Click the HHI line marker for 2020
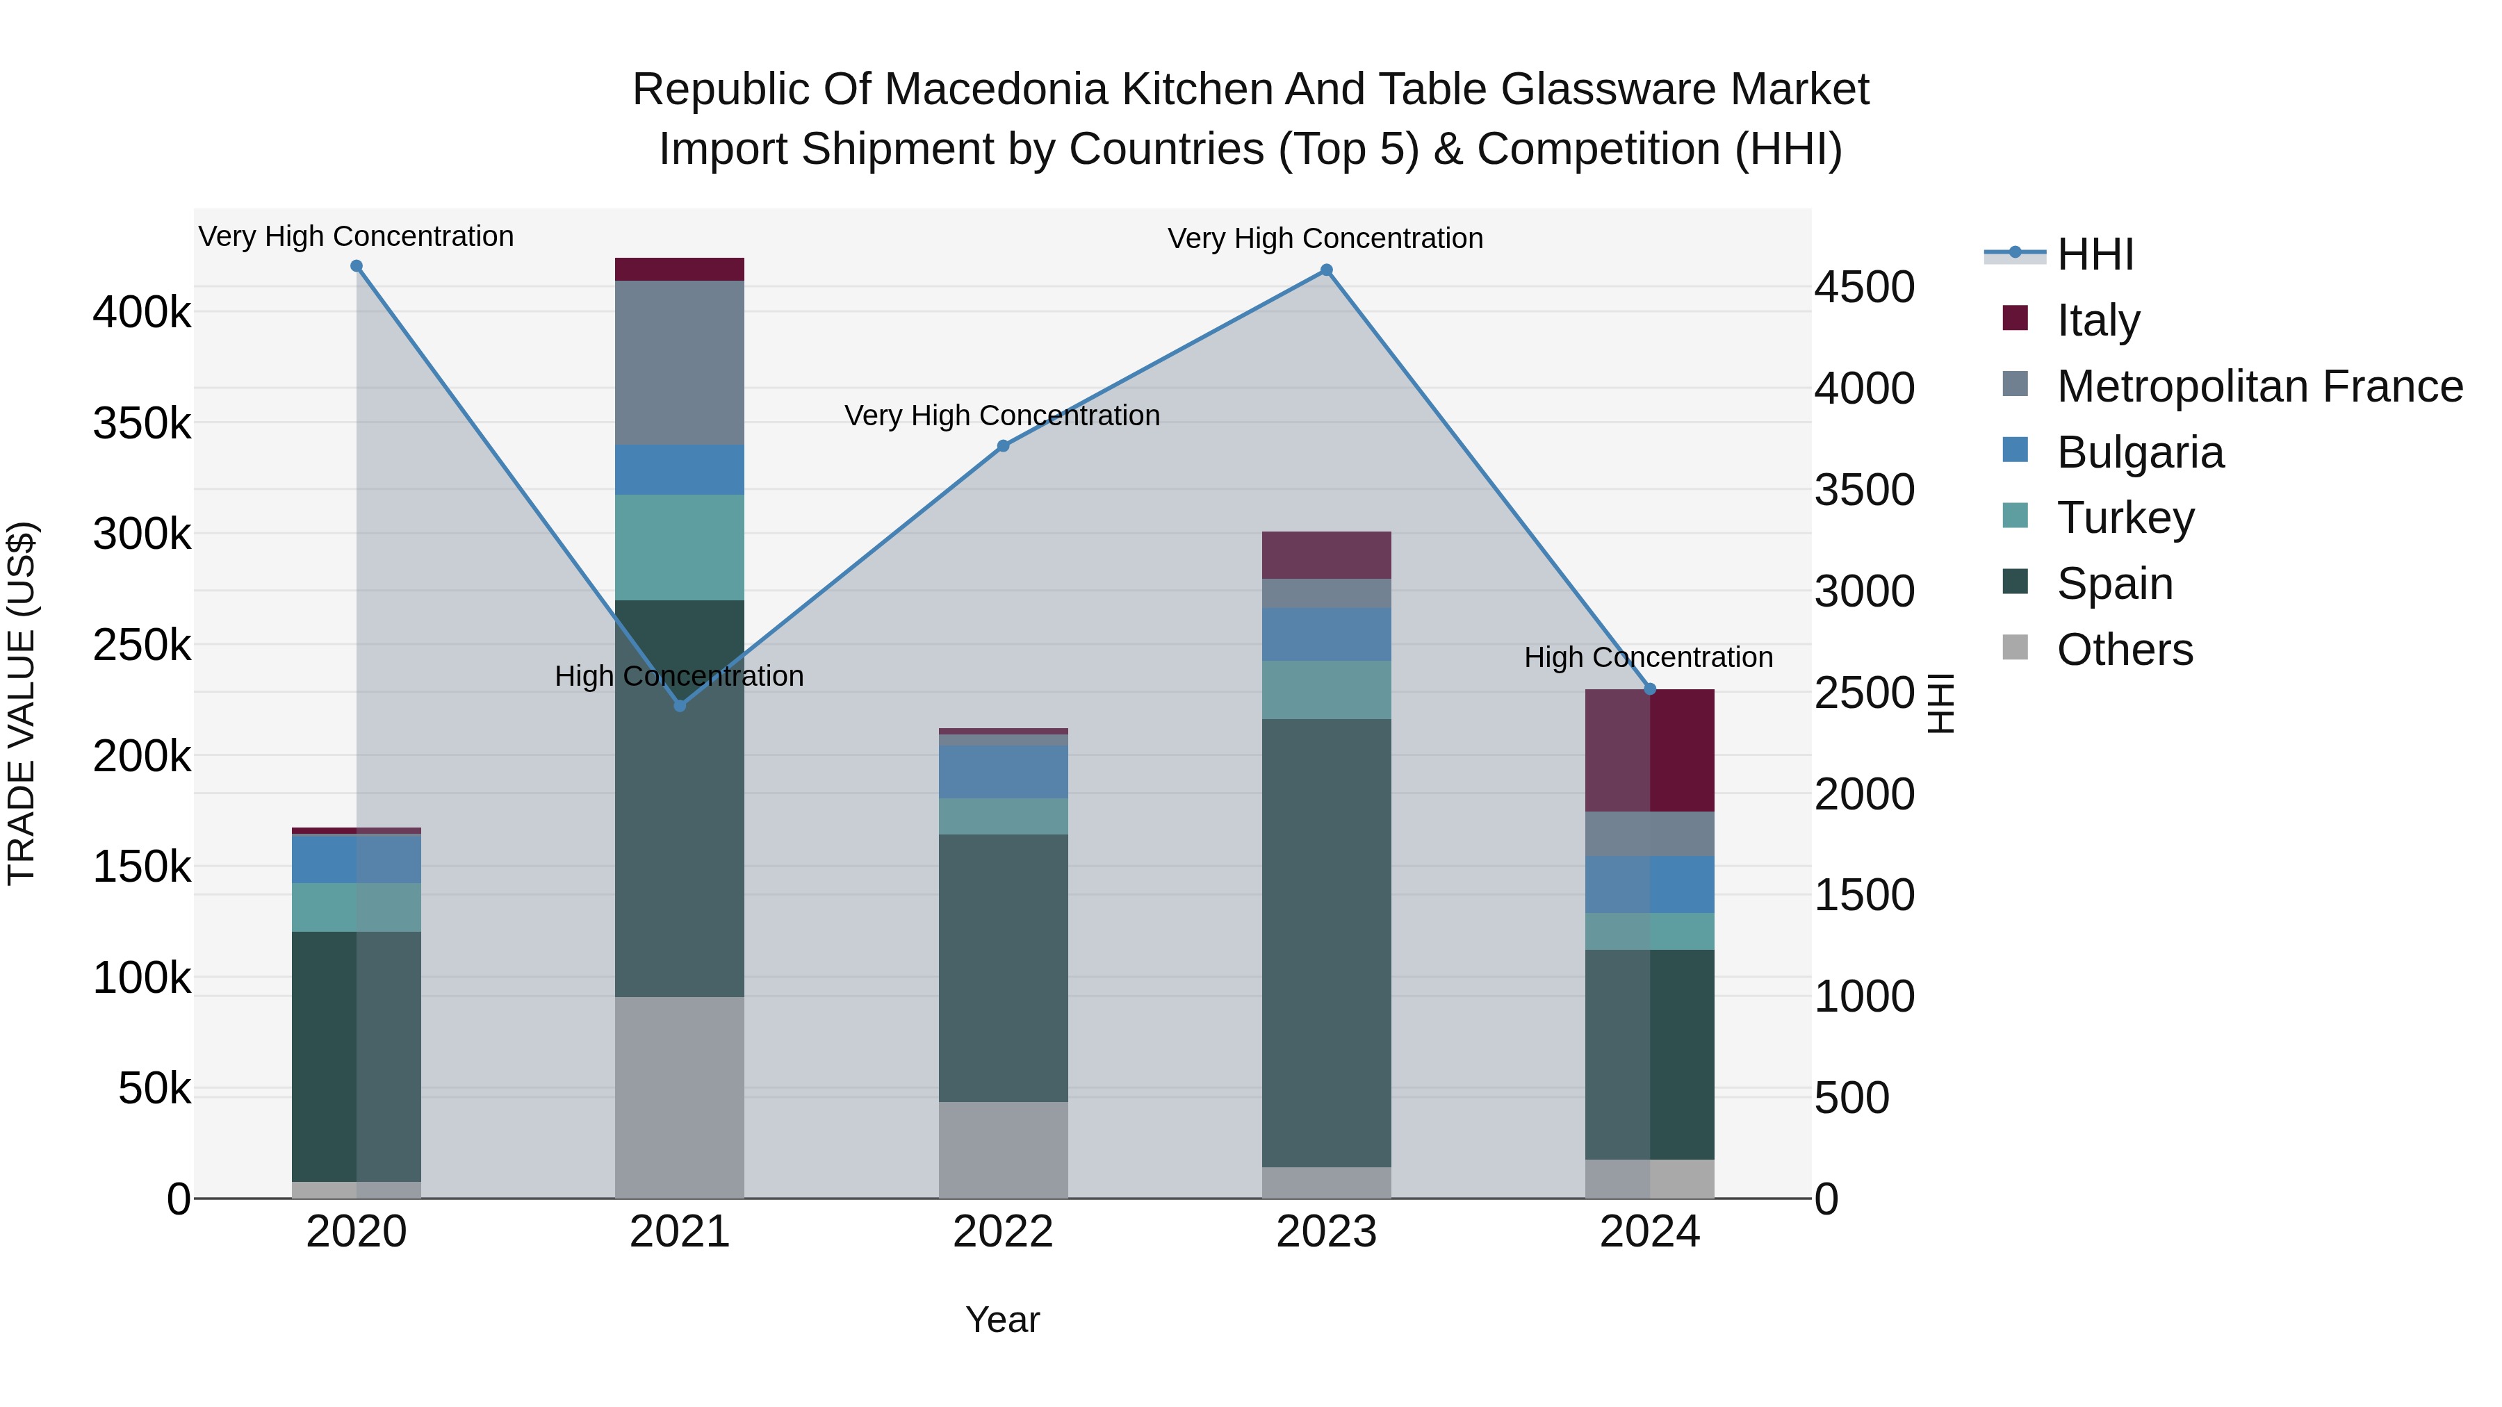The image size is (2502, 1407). click(357, 266)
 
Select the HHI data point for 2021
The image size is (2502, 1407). click(680, 706)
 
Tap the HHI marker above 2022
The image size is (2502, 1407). click(1004, 447)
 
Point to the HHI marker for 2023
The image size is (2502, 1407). click(1327, 271)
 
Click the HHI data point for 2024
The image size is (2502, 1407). click(1649, 689)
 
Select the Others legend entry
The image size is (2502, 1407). click(2124, 650)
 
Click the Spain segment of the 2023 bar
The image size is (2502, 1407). click(1327, 942)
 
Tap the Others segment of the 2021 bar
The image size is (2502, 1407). click(680, 1097)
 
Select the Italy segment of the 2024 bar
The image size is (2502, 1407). click(1649, 750)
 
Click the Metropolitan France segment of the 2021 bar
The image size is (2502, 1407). click(680, 362)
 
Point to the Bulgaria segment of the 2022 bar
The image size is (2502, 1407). click(1004, 772)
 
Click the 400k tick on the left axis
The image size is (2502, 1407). click(142, 313)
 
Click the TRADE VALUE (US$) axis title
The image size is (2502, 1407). click(22, 703)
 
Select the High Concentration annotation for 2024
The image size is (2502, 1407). click(1649, 657)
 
